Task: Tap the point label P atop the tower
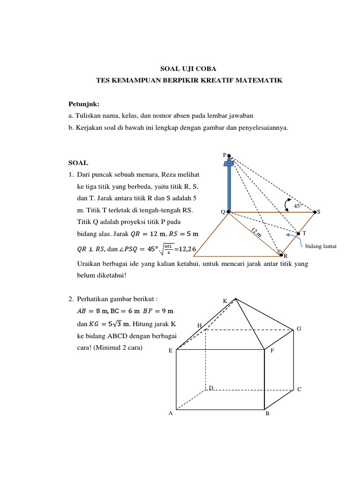click(224, 155)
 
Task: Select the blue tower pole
click(229, 187)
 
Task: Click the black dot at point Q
click(228, 212)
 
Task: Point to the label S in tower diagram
click(319, 212)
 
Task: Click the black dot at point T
click(299, 233)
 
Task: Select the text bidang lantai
click(321, 245)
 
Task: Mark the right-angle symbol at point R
click(280, 253)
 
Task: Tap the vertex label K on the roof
click(225, 300)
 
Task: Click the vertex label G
click(299, 329)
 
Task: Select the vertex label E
click(171, 350)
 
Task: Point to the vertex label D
click(211, 388)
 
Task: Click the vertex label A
click(171, 413)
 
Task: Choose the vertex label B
click(267, 414)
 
